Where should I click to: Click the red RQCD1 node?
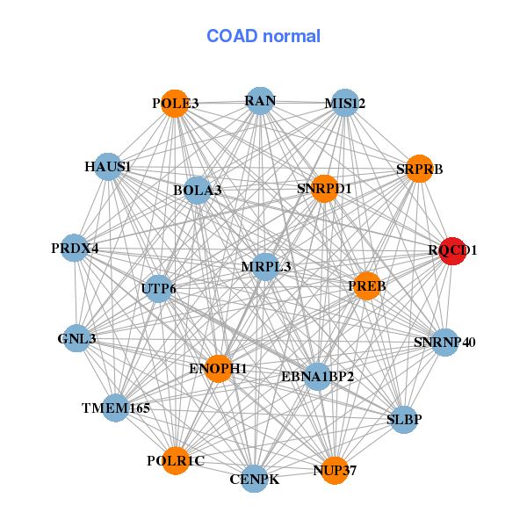point(452,250)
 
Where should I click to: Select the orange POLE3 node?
point(176,103)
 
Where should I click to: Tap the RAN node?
point(259,100)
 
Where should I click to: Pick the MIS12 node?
point(344,103)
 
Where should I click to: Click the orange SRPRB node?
point(419,169)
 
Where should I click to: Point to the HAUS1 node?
point(108,166)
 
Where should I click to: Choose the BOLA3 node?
point(197,190)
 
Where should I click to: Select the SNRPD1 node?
point(324,188)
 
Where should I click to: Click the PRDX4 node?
point(76,248)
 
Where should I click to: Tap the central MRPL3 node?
point(265,266)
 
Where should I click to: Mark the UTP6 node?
point(158,288)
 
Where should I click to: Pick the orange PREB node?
point(366,285)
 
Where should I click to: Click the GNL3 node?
point(76,338)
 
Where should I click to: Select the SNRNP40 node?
point(444,342)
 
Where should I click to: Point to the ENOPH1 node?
point(218,368)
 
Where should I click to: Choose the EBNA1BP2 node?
point(317,377)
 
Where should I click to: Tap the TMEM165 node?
point(116,408)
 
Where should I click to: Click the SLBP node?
point(404,419)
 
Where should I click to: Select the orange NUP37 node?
point(335,471)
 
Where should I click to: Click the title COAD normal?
point(263,36)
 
